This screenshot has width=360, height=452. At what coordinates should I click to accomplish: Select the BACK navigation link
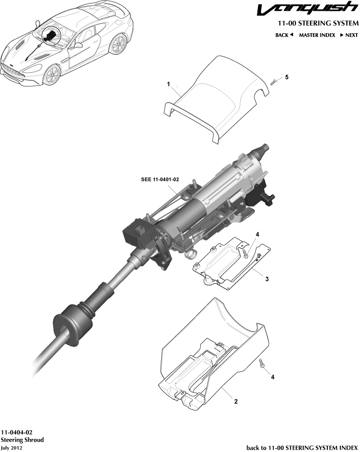tap(284, 35)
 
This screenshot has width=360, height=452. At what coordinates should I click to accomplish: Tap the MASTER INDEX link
tap(317, 35)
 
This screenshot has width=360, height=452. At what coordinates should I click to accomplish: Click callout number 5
tap(287, 77)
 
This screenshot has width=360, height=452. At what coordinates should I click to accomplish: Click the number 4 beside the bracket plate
tap(257, 235)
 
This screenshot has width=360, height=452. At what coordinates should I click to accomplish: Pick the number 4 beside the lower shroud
tap(273, 377)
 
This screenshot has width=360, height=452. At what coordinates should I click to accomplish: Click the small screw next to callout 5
tap(275, 81)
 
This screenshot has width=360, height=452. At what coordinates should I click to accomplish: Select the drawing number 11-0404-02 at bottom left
tap(17, 433)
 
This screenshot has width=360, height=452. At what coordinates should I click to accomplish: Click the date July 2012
tap(11, 447)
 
